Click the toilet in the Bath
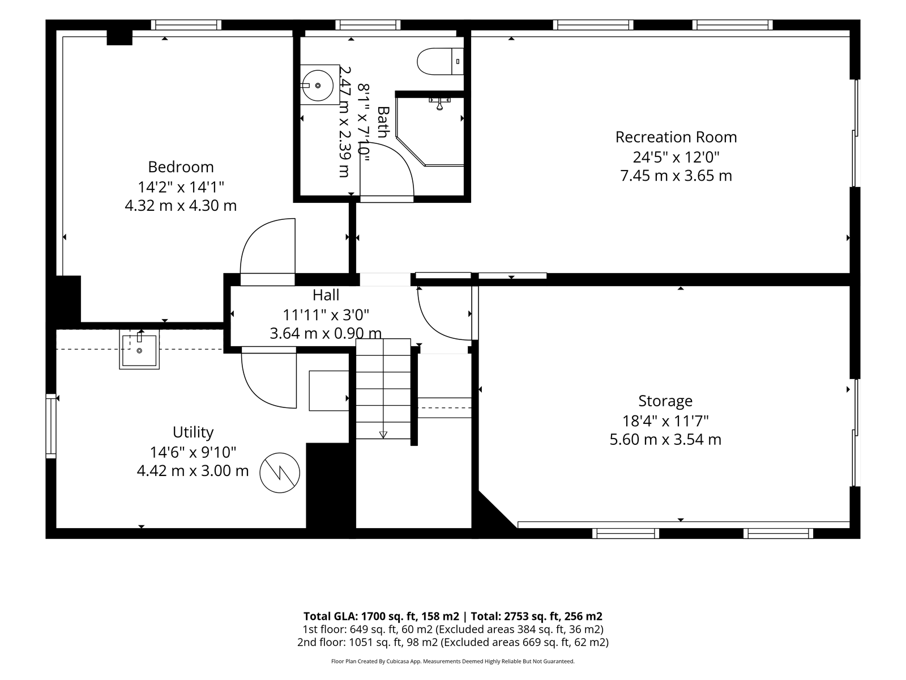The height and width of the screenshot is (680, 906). pyautogui.click(x=440, y=62)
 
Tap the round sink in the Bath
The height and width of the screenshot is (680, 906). pyautogui.click(x=317, y=86)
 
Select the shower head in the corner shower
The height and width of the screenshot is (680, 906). pyautogui.click(x=439, y=104)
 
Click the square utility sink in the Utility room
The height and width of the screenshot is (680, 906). pyautogui.click(x=139, y=349)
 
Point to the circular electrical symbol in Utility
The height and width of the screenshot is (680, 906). pyautogui.click(x=279, y=473)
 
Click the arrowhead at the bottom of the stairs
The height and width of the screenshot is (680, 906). pyautogui.click(x=383, y=434)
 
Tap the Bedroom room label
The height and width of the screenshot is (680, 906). pyautogui.click(x=181, y=167)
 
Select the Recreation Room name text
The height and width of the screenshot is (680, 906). pyautogui.click(x=676, y=137)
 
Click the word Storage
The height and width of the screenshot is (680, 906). pyautogui.click(x=665, y=401)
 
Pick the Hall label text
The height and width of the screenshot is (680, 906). pyautogui.click(x=326, y=295)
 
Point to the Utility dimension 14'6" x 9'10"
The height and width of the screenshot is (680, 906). pyautogui.click(x=193, y=453)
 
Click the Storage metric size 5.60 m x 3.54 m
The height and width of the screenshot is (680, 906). pyautogui.click(x=665, y=439)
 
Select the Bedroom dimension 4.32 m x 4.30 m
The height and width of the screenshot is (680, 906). pyautogui.click(x=181, y=206)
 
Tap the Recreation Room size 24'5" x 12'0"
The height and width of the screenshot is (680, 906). pyautogui.click(x=676, y=158)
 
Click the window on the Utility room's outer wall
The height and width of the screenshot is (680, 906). pyautogui.click(x=51, y=426)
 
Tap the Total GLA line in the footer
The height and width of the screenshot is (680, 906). pyautogui.click(x=453, y=616)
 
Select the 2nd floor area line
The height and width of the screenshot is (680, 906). pyautogui.click(x=453, y=642)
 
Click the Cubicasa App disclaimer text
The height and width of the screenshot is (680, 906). pyautogui.click(x=453, y=661)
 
